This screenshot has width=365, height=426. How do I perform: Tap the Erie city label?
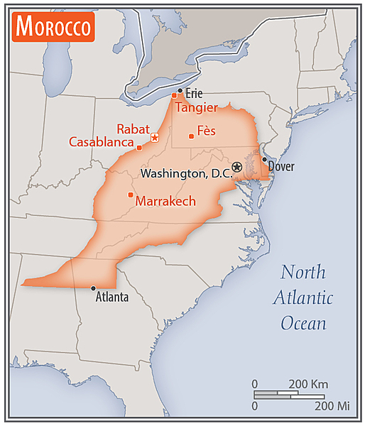click(x=194, y=93)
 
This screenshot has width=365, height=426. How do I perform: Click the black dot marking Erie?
click(x=180, y=91)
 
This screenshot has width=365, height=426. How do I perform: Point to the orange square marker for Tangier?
click(x=174, y=95)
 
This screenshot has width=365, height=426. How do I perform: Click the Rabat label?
click(x=133, y=129)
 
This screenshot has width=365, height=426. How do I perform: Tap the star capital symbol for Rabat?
click(x=155, y=136)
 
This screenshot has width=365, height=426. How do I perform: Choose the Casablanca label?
click(x=102, y=142)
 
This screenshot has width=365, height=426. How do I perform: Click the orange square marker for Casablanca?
click(x=139, y=148)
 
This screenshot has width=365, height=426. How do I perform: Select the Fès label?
click(x=206, y=131)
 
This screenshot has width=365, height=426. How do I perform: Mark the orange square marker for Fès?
click(x=191, y=136)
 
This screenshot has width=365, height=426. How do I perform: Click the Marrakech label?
click(x=165, y=201)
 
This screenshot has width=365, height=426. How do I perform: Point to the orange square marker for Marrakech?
click(x=130, y=195)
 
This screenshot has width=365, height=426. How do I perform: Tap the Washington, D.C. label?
click(x=186, y=173)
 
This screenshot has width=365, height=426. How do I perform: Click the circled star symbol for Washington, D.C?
click(x=237, y=167)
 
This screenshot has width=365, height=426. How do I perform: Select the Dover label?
click(x=281, y=167)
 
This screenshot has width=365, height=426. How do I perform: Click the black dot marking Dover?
click(x=264, y=160)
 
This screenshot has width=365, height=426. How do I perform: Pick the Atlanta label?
click(x=112, y=297)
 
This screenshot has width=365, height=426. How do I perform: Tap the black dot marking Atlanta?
click(x=93, y=288)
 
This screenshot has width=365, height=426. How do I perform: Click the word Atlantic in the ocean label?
click(x=303, y=297)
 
